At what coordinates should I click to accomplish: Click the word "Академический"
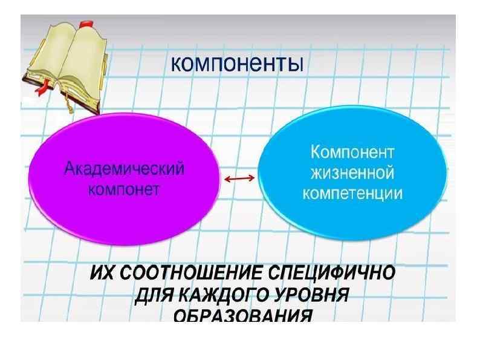(x=124, y=169)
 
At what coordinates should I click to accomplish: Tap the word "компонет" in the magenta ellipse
(x=123, y=189)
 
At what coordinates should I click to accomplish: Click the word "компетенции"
(x=352, y=194)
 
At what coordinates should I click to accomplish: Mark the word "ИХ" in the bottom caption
(x=101, y=273)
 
